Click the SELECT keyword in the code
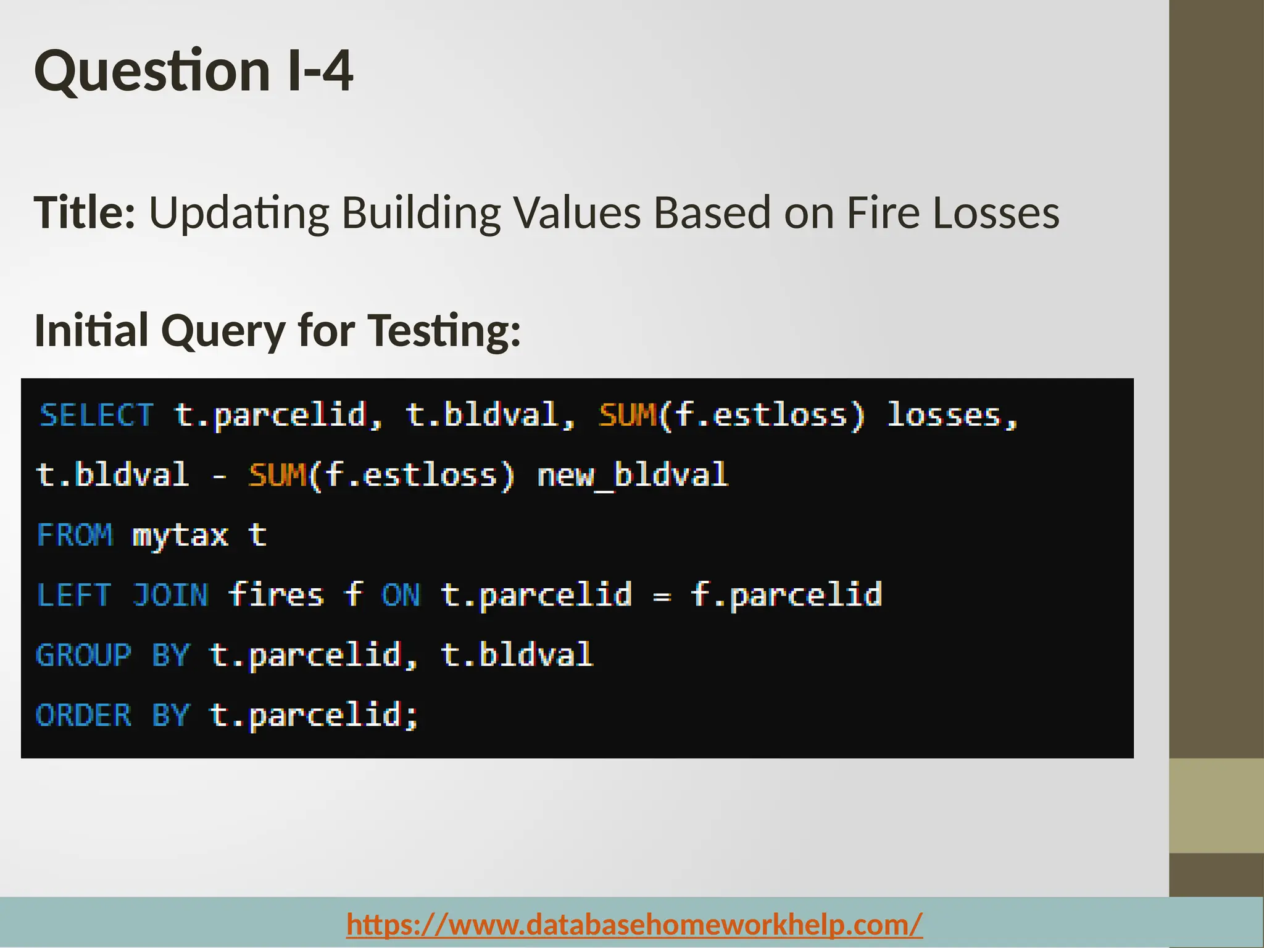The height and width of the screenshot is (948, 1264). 96,415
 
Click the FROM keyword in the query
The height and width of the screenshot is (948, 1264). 75,535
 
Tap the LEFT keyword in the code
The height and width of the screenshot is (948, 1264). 74,596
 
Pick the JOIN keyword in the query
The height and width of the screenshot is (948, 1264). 170,596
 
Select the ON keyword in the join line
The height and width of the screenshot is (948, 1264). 401,596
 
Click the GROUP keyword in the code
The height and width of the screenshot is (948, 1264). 83,655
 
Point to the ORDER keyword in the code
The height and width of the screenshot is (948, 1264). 83,715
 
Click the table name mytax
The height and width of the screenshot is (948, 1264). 180,535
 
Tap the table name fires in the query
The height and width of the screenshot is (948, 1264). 276,596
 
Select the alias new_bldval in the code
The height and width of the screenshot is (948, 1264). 633,475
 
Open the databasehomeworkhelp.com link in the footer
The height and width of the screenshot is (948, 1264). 634,924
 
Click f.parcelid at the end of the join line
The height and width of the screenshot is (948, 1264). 786,596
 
